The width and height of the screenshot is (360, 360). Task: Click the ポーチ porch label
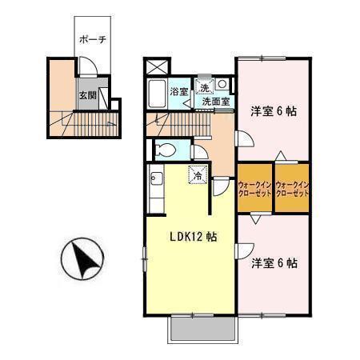coord(93,40)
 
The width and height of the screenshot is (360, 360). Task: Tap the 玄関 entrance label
coord(88,95)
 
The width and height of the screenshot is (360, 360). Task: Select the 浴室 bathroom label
coord(179,92)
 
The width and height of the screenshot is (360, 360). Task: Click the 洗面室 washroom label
coord(216,102)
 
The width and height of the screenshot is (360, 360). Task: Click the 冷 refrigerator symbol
coord(198,175)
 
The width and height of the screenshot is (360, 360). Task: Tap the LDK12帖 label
coord(194,237)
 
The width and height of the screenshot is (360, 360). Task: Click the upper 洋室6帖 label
coord(274,111)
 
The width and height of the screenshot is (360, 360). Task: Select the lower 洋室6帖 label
coord(274,263)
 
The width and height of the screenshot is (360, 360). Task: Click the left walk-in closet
coord(254,188)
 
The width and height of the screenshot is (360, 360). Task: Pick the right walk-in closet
coord(292,188)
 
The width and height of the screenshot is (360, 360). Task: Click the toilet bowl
coord(166,150)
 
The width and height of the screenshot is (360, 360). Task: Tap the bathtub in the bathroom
coord(158,94)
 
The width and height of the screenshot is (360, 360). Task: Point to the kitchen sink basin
coord(156,178)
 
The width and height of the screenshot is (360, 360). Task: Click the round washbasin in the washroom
coord(222,84)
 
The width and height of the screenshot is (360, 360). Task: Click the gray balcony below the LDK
coord(202,329)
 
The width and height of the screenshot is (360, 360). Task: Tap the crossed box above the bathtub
coord(157,67)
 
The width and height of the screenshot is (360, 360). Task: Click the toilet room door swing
coord(200,153)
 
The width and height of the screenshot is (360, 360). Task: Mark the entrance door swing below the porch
coord(88,67)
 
